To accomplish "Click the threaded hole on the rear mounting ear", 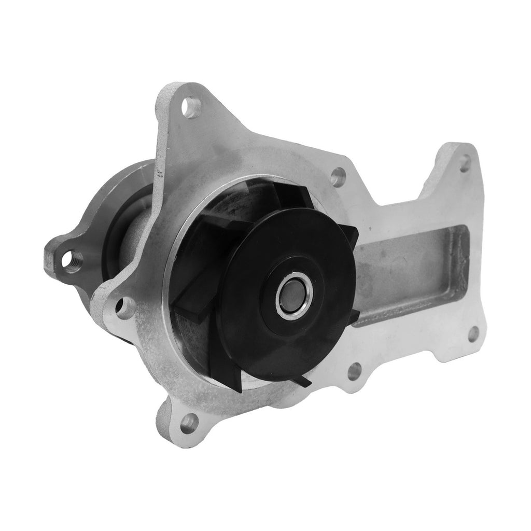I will tap(72, 258).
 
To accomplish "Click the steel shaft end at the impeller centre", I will tap(294, 295).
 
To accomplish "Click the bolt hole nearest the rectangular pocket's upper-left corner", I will tap(338, 177).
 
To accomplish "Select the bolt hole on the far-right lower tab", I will tap(473, 334).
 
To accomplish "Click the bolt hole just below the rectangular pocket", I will tap(354, 371).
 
